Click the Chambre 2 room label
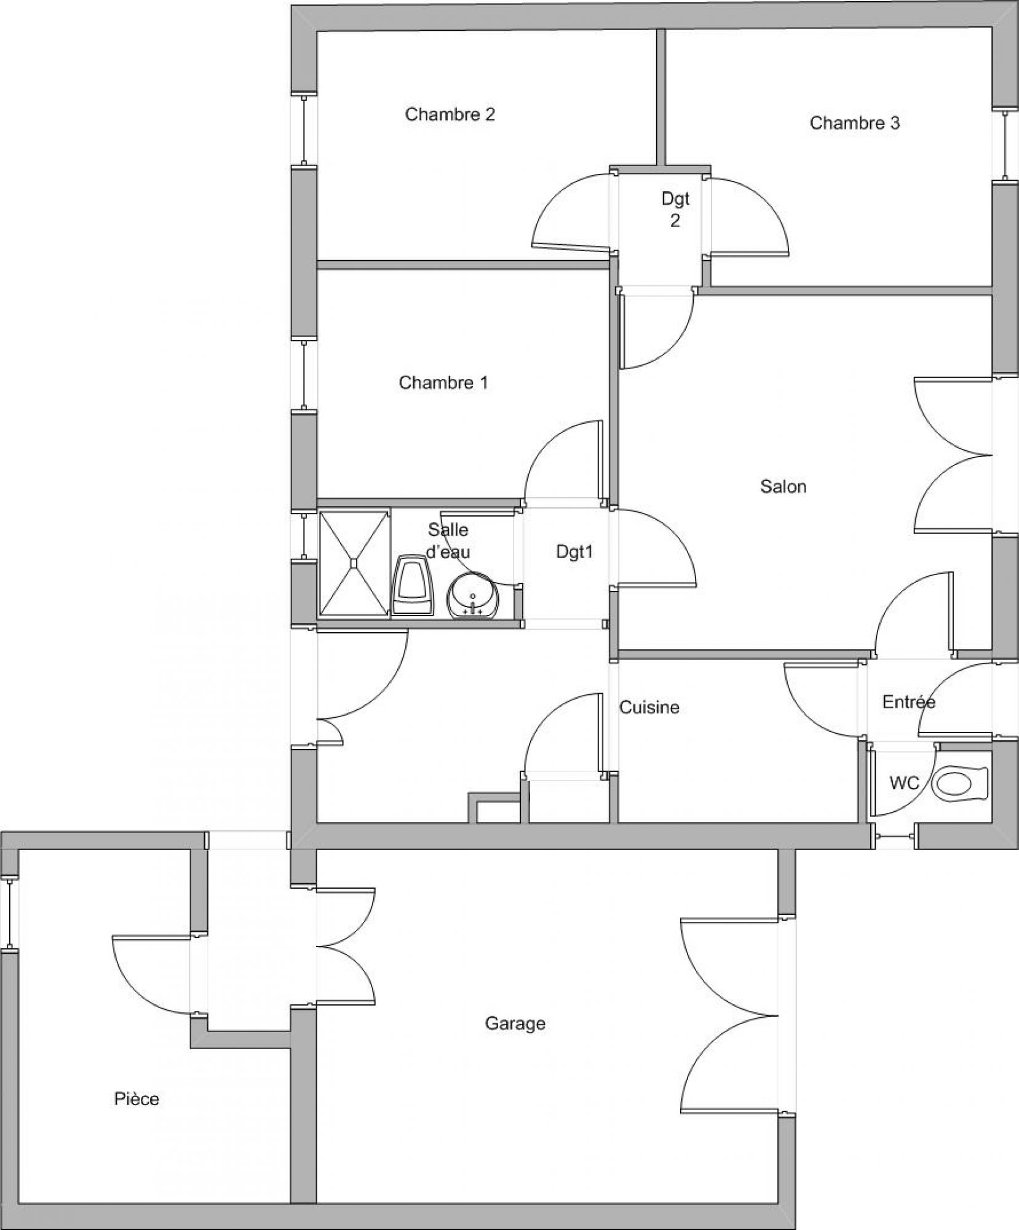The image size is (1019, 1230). [x=450, y=114]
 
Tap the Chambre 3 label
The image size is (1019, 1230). [x=854, y=123]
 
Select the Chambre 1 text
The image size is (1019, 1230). [x=443, y=383]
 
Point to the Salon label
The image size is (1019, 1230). [x=783, y=486]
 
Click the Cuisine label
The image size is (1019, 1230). [x=649, y=707]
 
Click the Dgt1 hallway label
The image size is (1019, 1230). [x=574, y=552]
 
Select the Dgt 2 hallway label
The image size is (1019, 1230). [x=675, y=210]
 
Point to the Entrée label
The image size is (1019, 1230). [x=908, y=702]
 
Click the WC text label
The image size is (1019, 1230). [x=904, y=783]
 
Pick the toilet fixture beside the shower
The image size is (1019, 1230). [x=413, y=585]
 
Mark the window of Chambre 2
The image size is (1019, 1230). [x=304, y=131]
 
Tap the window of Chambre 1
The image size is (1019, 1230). [x=304, y=375]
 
